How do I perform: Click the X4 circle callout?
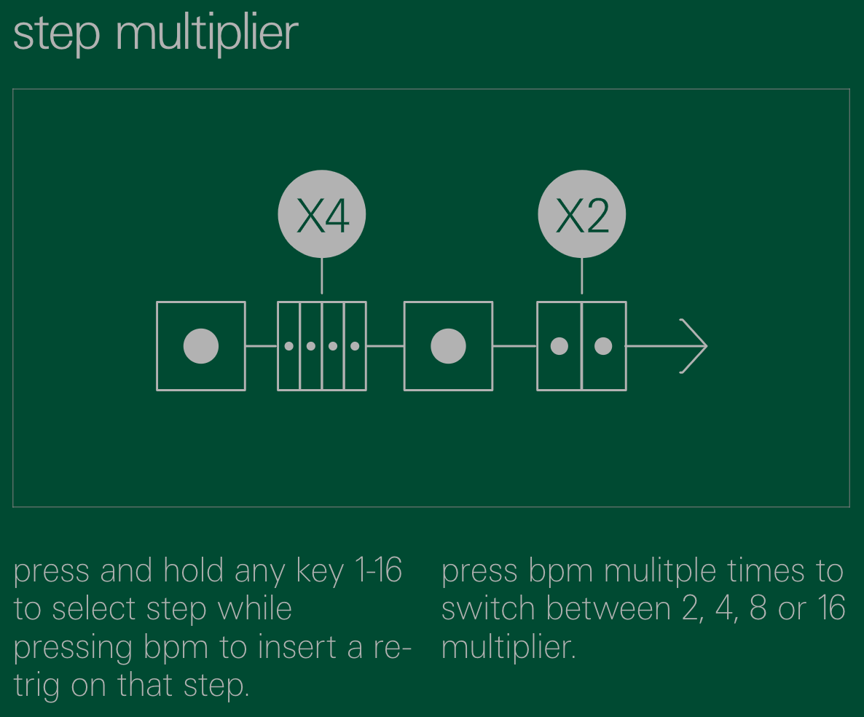pos(321,214)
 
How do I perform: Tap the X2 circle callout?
pos(581,214)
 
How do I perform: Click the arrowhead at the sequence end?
pos(696,346)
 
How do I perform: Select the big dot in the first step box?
pos(201,346)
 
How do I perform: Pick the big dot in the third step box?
pos(448,346)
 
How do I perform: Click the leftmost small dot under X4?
pos(289,346)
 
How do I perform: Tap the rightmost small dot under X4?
pos(355,346)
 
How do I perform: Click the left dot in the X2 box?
pos(559,346)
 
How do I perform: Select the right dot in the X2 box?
pos(603,346)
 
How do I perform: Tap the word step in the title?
pos(56,35)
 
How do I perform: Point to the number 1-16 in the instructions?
pos(378,571)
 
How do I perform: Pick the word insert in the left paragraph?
pos(296,648)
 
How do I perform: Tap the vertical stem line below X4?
pos(321,275)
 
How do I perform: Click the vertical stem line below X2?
pos(581,275)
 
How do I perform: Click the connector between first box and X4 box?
pos(261,346)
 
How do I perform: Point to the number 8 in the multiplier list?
pos(758,608)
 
